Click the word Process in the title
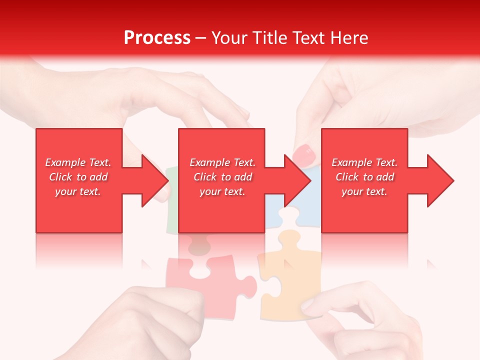pyautogui.click(x=157, y=37)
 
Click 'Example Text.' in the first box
pyautogui.click(x=78, y=162)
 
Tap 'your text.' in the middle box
pyautogui.click(x=222, y=191)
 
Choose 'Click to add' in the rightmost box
pyautogui.click(x=364, y=177)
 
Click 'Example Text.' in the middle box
pyautogui.click(x=222, y=162)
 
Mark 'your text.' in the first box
pyautogui.click(x=78, y=191)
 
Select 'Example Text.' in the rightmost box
pyautogui.click(x=364, y=162)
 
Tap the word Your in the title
pyautogui.click(x=228, y=37)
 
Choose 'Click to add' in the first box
pyautogui.click(x=78, y=177)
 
